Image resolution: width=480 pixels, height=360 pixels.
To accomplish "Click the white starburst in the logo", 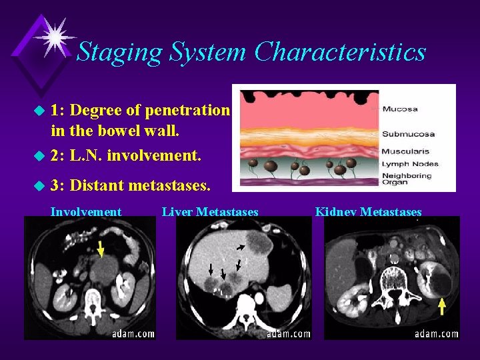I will point(55,36).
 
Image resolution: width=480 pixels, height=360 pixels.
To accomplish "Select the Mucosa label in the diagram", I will point(400,109).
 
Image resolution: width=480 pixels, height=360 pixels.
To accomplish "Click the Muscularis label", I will point(405,151).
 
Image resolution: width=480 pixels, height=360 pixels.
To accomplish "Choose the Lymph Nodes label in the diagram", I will point(410,163).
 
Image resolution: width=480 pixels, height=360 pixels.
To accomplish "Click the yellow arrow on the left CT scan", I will point(100,249).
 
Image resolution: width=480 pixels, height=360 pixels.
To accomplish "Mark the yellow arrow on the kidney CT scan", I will point(441,306).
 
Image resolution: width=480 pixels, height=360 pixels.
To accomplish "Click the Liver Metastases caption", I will point(210,212).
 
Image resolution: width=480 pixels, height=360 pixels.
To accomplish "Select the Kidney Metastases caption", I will point(368,212).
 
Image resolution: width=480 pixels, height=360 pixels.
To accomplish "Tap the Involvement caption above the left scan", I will point(86,212).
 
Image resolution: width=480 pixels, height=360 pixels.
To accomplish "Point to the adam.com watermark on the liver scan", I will point(289,333).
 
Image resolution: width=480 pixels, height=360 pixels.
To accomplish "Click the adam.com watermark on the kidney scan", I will point(437,333).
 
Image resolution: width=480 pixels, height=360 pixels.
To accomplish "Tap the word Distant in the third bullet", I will point(102,183).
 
